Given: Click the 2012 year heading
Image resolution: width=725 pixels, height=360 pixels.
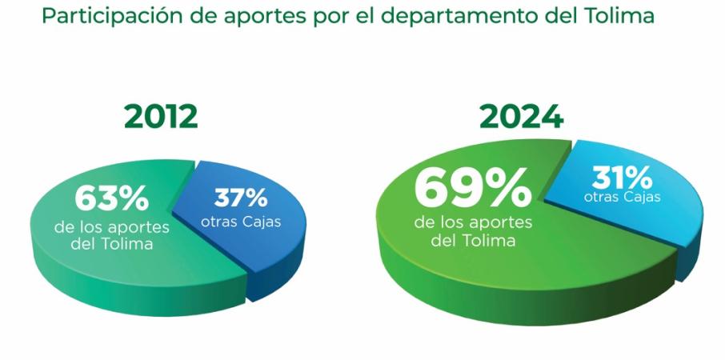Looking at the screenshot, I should coord(161,117).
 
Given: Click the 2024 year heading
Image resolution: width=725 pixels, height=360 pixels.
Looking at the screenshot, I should coord(521,117).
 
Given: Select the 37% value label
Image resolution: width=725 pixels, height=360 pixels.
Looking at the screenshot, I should coord(240,197).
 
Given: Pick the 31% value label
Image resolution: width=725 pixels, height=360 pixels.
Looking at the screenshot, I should coord(622,176).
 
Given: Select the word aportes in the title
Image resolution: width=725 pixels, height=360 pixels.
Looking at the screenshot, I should coord(240,17).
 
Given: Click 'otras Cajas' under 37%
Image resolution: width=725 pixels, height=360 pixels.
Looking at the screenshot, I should coord(241,222).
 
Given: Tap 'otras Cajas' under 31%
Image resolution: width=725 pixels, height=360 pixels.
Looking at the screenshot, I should coord(622,197).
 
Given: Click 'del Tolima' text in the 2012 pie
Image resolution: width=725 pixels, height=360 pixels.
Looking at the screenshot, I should coord(111,244).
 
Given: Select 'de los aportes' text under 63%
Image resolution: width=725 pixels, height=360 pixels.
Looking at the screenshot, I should coord(111,226).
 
